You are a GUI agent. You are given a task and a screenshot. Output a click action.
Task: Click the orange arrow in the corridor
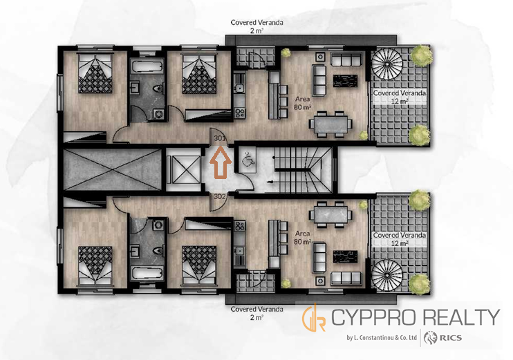(x=221, y=162)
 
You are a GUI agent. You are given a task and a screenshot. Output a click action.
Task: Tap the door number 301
(x=220, y=138)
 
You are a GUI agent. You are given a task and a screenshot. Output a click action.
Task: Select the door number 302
(x=220, y=196)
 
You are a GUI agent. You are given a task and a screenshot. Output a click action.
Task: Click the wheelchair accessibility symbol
(x=246, y=159)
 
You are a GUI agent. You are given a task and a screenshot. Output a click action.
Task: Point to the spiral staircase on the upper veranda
(x=388, y=64)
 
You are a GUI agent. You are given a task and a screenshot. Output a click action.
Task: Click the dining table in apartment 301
(x=330, y=124)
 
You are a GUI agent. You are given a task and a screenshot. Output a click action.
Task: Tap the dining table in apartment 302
(x=330, y=214)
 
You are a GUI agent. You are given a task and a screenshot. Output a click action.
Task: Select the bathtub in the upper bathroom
(x=147, y=67)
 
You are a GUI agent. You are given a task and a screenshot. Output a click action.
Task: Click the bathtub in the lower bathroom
(x=147, y=273)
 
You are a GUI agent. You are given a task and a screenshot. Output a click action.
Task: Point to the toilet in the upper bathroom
(x=159, y=88)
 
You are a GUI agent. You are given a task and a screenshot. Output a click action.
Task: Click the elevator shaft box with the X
(x=183, y=169)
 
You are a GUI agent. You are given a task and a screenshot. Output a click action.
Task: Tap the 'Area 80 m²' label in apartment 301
(x=303, y=103)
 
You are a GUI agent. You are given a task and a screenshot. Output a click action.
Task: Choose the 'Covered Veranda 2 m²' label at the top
(x=256, y=26)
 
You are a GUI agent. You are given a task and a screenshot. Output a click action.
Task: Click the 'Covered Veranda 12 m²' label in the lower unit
(x=400, y=239)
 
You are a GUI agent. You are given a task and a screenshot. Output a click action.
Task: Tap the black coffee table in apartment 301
(x=345, y=81)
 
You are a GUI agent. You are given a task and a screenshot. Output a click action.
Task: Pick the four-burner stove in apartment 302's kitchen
(x=240, y=226)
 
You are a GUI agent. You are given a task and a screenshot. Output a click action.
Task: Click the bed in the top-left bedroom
(x=95, y=73)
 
